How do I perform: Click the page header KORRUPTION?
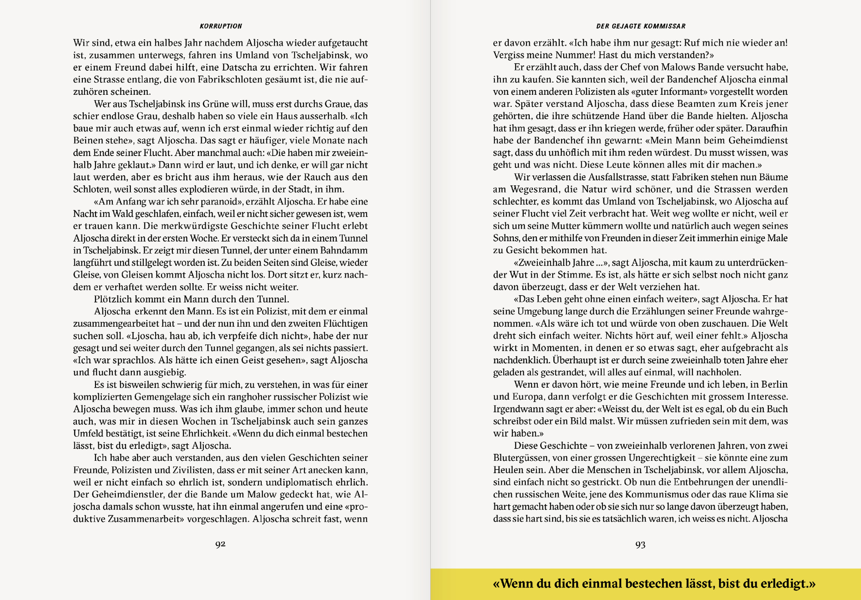point(221,26)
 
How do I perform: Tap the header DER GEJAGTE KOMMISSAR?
point(641,26)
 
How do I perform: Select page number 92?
point(220,544)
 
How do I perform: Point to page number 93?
point(640,545)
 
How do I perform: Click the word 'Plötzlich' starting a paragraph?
point(112,299)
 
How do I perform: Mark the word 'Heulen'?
point(507,470)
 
